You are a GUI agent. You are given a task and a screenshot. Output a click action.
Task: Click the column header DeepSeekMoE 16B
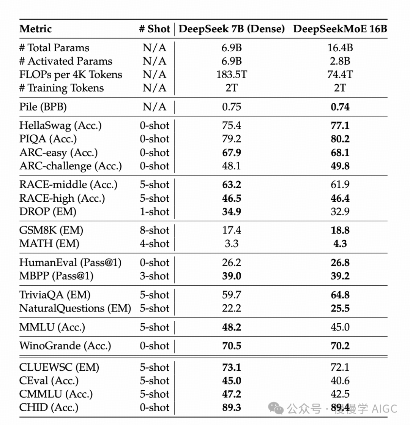340,29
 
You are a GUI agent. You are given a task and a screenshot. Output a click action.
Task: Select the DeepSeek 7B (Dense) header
232,29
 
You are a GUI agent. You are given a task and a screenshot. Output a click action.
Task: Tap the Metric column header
35,29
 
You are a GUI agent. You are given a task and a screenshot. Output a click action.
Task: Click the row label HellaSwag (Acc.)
60,125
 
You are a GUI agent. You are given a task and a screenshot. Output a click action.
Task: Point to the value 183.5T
231,74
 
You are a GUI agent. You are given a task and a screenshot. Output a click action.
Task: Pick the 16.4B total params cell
340,48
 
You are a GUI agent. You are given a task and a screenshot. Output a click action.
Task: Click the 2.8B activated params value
340,61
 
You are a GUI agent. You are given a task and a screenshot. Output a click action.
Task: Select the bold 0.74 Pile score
340,107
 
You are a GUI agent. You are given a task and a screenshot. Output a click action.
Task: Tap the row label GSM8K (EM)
51,230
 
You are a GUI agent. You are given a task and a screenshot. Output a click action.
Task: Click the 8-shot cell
155,230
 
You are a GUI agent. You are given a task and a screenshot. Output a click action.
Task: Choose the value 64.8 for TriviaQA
340,295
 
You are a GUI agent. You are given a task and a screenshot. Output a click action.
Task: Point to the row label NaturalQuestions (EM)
75,308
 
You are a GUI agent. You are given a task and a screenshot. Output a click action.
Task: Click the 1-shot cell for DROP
155,212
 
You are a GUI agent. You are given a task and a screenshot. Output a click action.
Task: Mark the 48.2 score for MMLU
231,327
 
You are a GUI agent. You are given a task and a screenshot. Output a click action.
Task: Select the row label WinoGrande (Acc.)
65,346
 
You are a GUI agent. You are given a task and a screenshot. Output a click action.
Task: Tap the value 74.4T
340,74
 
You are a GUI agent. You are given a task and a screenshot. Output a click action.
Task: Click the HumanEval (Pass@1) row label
70,262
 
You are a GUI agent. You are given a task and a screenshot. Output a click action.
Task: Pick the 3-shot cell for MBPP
155,276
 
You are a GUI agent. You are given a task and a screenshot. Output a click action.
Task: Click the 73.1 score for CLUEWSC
231,367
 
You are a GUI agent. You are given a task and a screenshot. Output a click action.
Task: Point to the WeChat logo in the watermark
276,408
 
